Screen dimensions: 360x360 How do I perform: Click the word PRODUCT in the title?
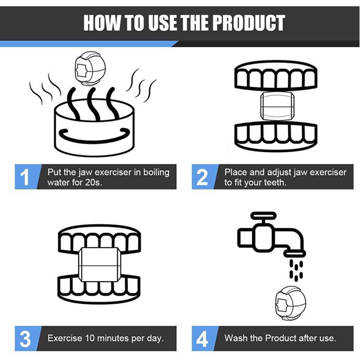(x=248, y=23)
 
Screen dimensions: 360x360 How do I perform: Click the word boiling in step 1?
(x=156, y=173)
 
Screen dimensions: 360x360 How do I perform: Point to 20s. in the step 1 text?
(x=93, y=183)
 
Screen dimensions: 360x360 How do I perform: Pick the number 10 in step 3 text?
(x=90, y=338)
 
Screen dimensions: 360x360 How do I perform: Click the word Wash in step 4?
(x=235, y=338)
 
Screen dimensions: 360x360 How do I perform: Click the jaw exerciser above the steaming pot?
(x=90, y=69)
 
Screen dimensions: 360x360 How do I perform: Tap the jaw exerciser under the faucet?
(x=290, y=303)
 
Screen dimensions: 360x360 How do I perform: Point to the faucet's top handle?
(x=263, y=216)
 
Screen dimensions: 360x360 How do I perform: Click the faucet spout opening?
(x=295, y=253)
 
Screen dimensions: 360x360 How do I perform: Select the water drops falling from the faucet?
(x=296, y=270)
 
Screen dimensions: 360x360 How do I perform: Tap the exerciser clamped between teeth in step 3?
(x=99, y=265)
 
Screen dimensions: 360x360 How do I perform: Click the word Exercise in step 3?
(x=65, y=338)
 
